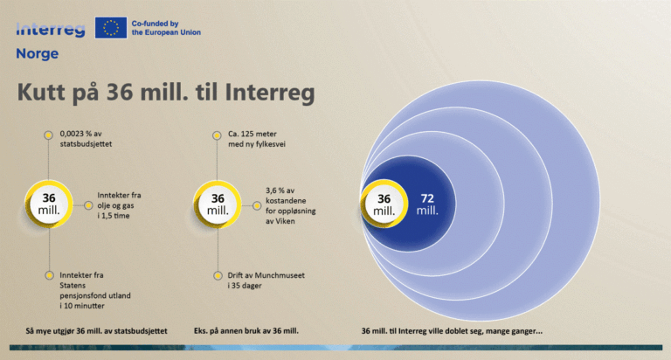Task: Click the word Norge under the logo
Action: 37,53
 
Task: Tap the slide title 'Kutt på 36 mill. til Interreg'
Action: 166,93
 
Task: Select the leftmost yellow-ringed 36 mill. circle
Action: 49,204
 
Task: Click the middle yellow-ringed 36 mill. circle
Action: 218,204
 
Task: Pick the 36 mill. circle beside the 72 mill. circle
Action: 384,204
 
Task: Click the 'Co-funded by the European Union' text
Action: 166,27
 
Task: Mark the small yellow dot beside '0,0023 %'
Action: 49,135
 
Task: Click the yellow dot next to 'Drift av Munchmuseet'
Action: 218,274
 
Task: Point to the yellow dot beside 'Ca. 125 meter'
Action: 218,135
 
